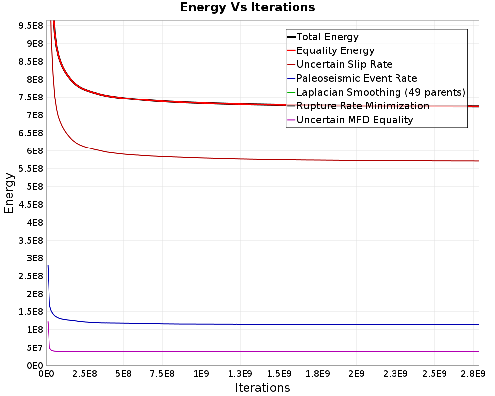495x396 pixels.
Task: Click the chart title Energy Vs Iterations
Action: [x=247, y=7]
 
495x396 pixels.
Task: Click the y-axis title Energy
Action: [x=8, y=193]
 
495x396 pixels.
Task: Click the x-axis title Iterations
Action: [x=262, y=387]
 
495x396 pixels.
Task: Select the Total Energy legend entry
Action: [x=327, y=37]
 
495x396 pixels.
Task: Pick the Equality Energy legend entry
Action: [x=335, y=50]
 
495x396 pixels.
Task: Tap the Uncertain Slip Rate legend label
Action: [x=344, y=64]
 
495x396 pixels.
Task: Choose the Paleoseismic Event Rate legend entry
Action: [x=356, y=78]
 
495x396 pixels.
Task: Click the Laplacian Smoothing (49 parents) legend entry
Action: [x=381, y=92]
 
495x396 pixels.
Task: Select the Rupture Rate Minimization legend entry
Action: [x=362, y=106]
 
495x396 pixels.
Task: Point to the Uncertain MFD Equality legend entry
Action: [x=354, y=120]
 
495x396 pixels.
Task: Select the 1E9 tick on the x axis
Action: [x=201, y=373]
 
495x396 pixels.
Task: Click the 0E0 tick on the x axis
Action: [x=47, y=373]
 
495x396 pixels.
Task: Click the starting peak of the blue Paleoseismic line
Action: [x=48, y=266]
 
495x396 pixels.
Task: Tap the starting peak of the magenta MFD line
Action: [x=48, y=322]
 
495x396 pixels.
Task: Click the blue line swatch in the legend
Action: [x=291, y=78]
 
